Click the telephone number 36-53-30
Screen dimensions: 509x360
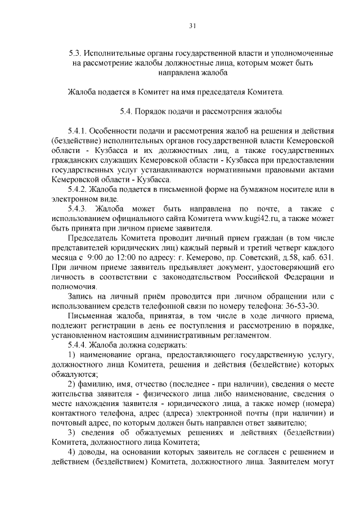tap(303, 306)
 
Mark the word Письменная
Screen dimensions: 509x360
tap(90, 316)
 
